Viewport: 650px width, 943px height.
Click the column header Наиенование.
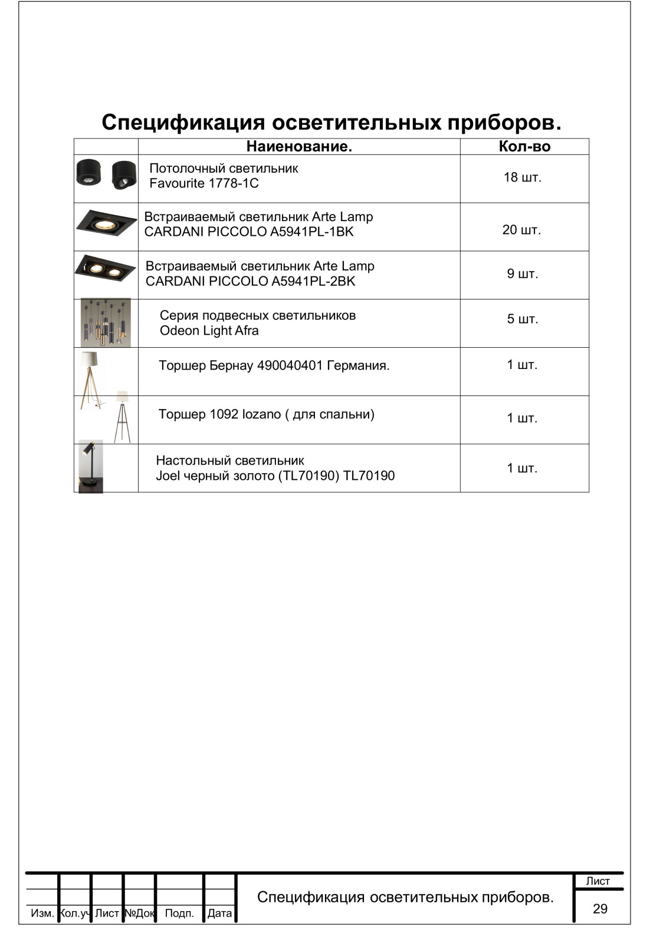click(299, 147)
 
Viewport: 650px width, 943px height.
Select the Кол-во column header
click(524, 147)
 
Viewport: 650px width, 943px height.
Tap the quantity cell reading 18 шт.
click(522, 177)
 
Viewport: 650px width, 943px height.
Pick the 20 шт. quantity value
click(521, 230)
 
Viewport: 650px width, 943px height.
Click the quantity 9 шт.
click(523, 273)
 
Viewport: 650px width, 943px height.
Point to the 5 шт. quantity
click(523, 319)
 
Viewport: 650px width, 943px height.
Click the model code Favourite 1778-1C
click(204, 183)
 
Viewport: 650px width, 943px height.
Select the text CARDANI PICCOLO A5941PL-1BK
click(249, 232)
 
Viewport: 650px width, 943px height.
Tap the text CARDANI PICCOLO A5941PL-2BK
click(251, 281)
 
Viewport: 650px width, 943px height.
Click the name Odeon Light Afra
click(209, 331)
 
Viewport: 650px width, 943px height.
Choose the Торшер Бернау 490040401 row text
click(274, 365)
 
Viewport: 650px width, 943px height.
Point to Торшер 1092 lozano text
click(267, 414)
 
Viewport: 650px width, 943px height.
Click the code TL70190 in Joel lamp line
click(369, 476)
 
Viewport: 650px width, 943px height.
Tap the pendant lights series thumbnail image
click(106, 322)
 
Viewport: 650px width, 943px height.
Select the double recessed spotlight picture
click(106, 268)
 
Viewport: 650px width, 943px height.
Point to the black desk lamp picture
click(91, 466)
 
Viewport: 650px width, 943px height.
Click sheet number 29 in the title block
click(600, 909)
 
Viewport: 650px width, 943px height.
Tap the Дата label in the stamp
click(219, 913)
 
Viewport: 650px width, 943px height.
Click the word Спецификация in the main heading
click(183, 122)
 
